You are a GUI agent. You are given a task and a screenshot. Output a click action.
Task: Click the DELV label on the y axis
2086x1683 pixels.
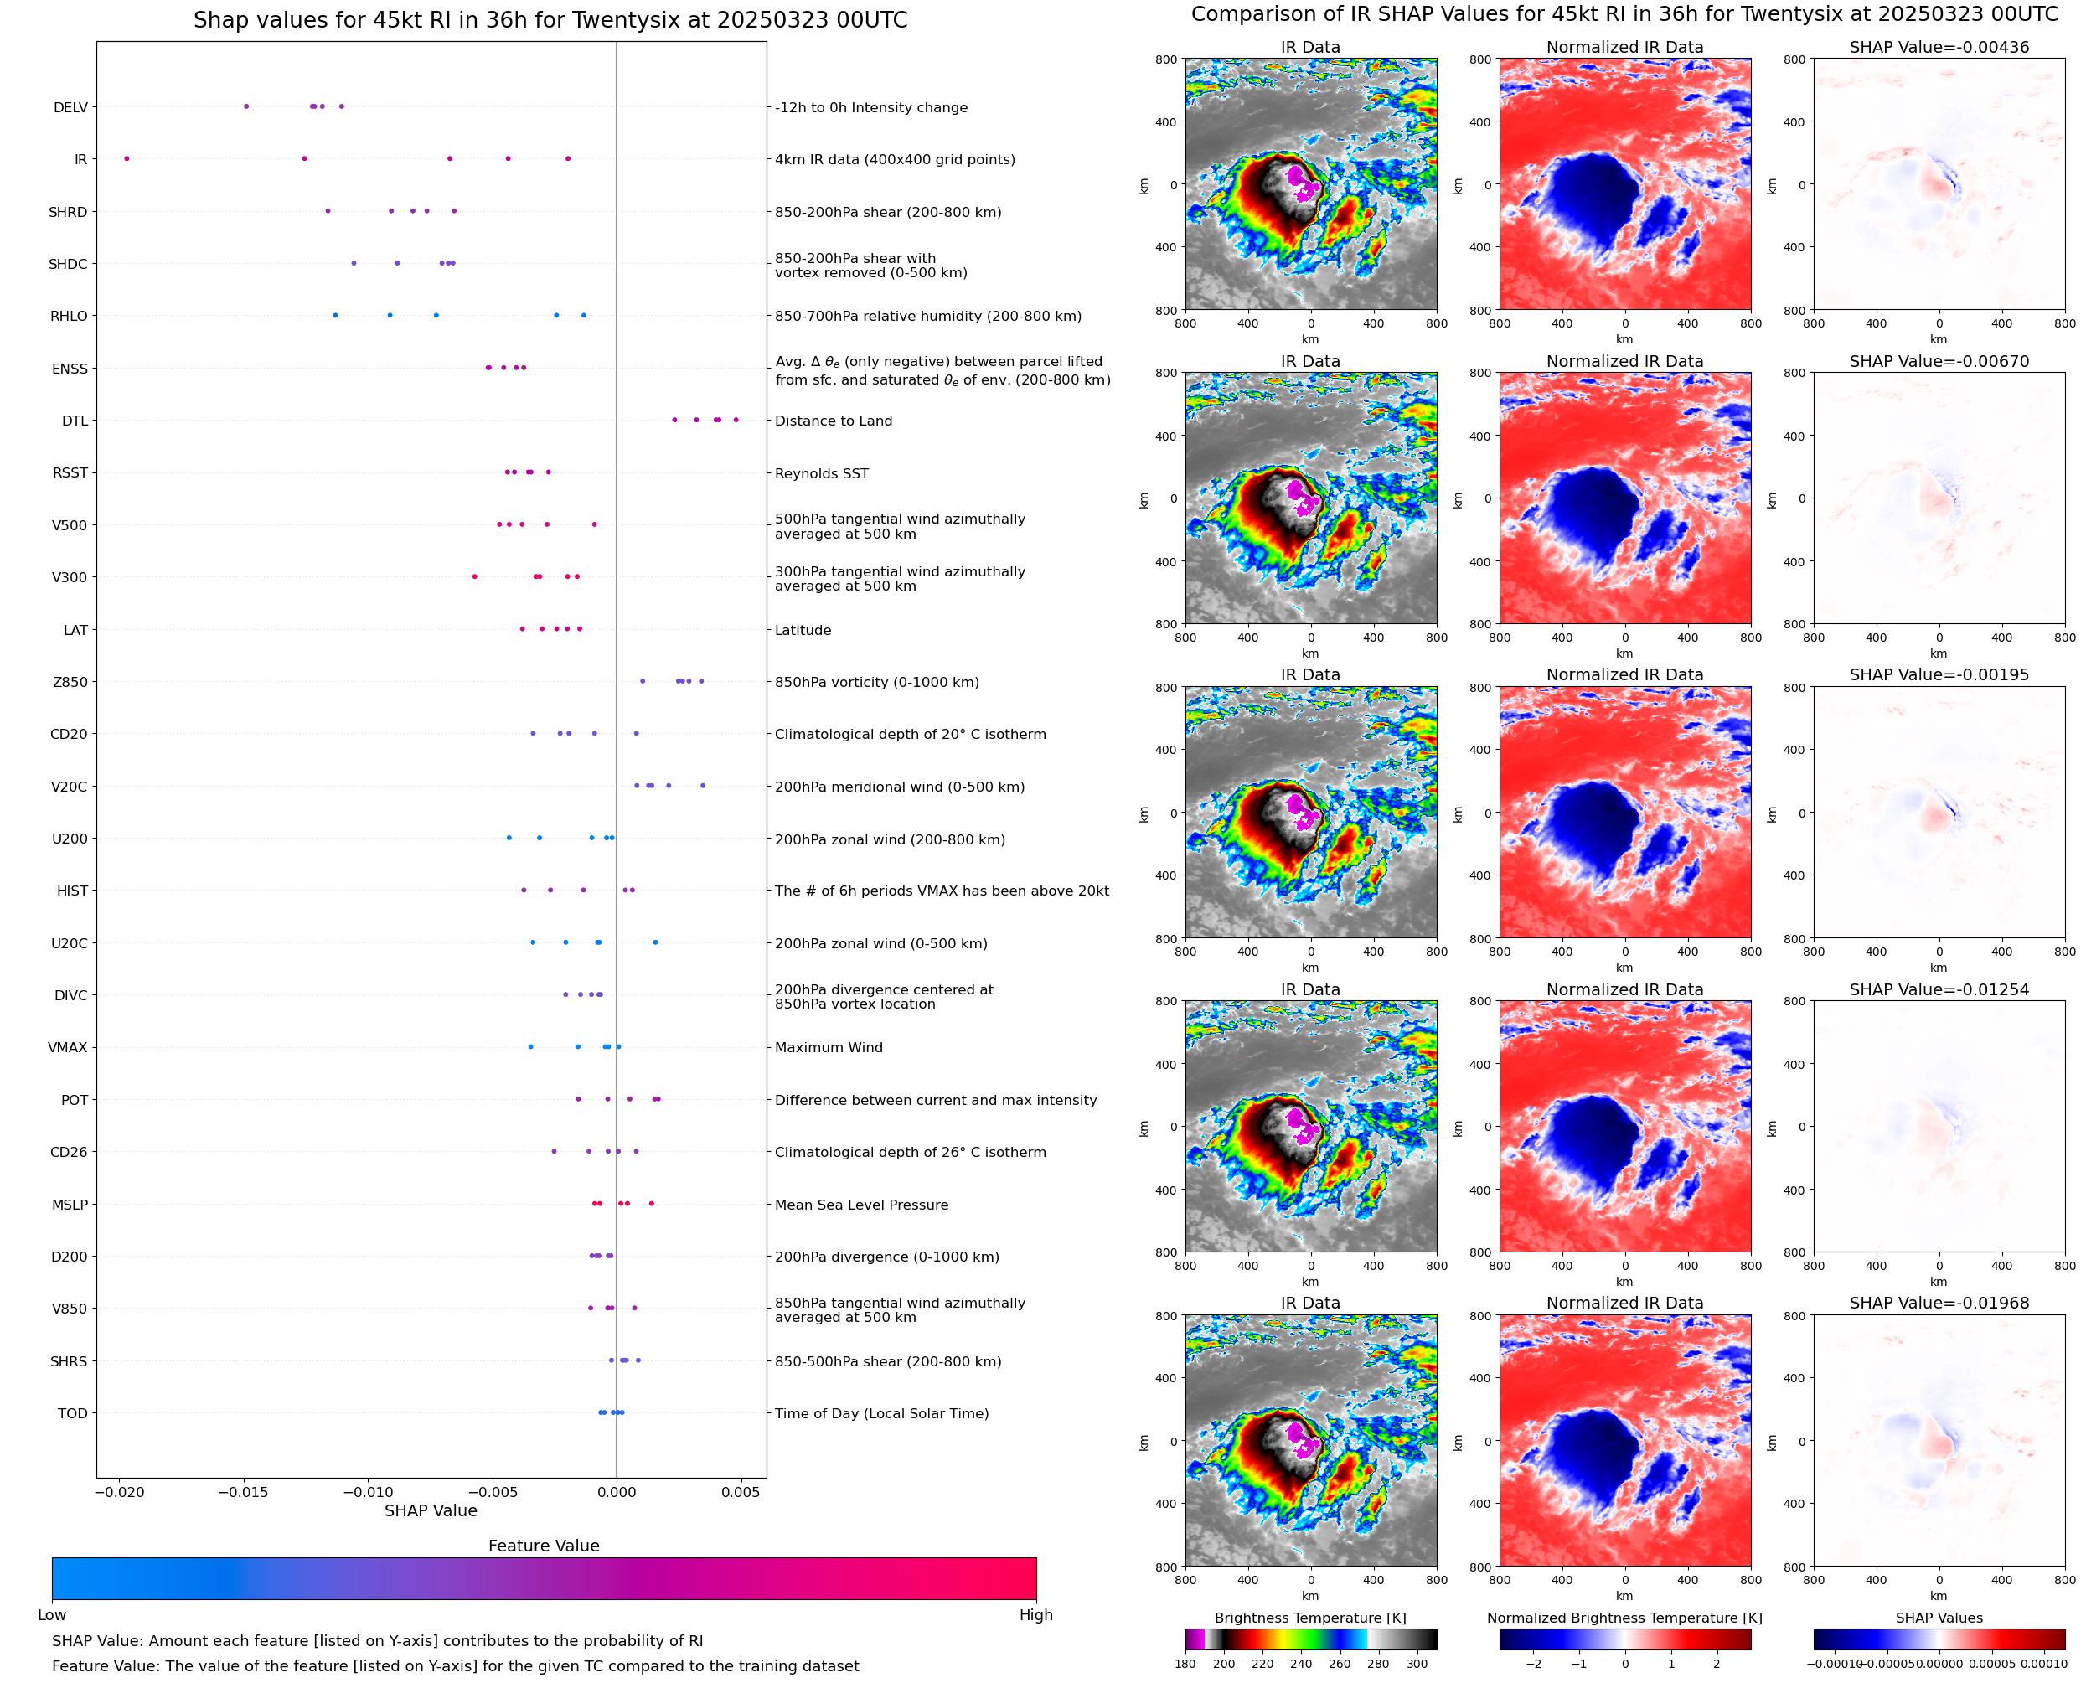[x=70, y=107]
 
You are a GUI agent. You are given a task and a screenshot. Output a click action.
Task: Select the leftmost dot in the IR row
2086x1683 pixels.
[x=127, y=159]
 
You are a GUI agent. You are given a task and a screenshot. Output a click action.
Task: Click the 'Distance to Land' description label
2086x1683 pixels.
[x=833, y=421]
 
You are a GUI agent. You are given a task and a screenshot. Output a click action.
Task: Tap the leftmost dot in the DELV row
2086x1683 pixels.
[x=246, y=106]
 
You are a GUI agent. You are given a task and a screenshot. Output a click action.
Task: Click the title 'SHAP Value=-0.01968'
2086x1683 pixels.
[x=1939, y=1303]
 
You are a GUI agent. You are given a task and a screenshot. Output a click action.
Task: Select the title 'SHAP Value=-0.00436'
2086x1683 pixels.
[x=1939, y=47]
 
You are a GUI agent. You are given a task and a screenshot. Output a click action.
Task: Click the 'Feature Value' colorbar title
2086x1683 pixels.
[x=543, y=1546]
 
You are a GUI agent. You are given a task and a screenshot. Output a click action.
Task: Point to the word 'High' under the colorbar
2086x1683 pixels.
[x=1035, y=1614]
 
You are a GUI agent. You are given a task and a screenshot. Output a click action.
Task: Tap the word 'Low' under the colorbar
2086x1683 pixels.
[x=51, y=1614]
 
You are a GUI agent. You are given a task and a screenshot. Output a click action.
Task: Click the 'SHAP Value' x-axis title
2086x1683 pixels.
[x=431, y=1510]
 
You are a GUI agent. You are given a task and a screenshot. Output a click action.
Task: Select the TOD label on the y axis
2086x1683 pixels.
[x=72, y=1413]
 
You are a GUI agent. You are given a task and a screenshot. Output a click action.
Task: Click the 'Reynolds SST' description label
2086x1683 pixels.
[x=821, y=473]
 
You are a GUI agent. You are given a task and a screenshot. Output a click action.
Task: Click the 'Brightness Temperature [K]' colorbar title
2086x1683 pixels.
[x=1309, y=1618]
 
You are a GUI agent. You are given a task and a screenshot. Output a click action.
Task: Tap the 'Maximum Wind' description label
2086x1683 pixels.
[x=828, y=1047]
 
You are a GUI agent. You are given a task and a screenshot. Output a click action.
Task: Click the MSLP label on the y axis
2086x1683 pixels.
[x=70, y=1204]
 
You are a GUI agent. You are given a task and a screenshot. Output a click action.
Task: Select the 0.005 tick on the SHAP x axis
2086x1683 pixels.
[x=741, y=1492]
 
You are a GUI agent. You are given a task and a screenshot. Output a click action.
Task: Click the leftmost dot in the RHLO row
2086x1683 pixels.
[x=335, y=315]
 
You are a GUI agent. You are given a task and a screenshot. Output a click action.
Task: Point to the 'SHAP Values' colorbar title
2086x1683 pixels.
[x=1939, y=1618]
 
